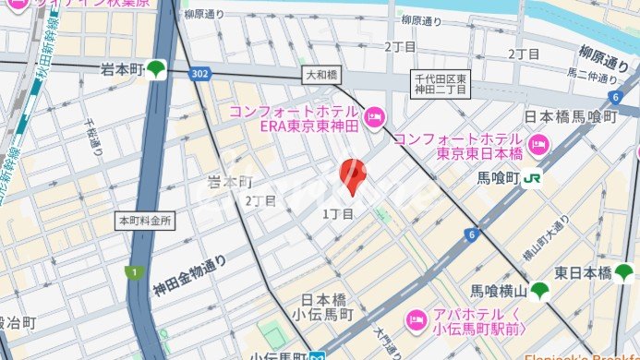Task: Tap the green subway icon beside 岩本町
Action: click(158, 69)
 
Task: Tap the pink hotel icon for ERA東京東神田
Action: click(373, 116)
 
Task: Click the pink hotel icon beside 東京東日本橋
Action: click(540, 145)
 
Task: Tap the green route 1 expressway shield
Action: click(133, 271)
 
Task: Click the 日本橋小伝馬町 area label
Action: click(328, 306)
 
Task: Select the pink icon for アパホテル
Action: click(416, 320)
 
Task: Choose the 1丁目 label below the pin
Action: click(338, 214)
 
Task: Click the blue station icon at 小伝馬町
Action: click(317, 354)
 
